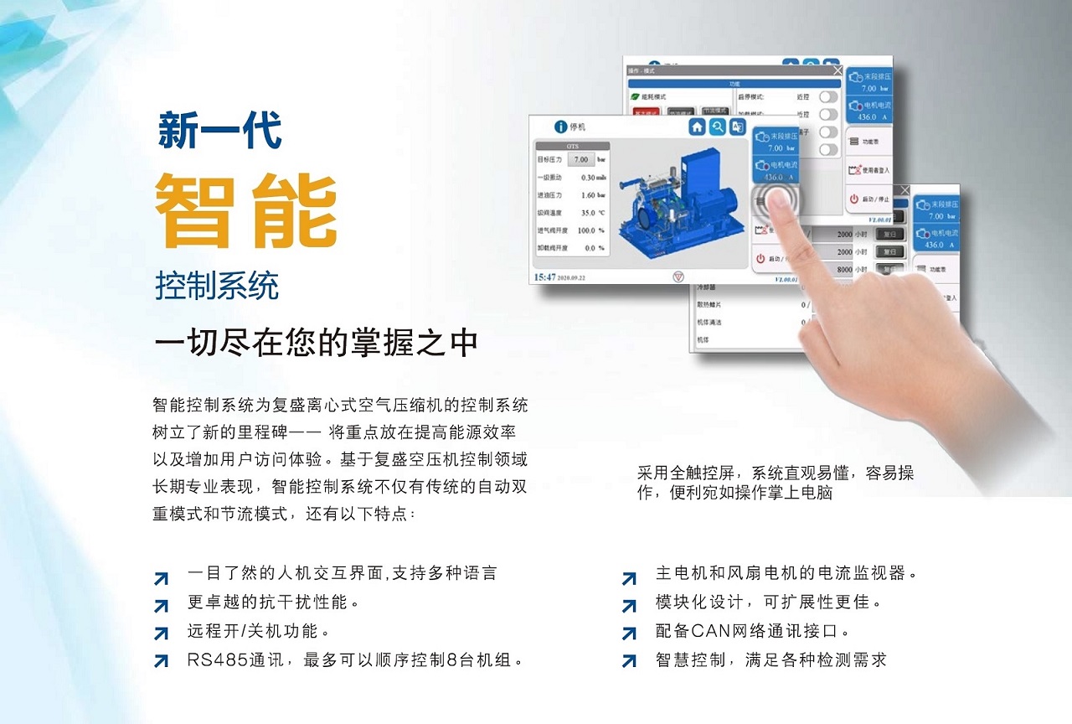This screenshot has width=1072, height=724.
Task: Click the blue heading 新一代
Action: (219, 132)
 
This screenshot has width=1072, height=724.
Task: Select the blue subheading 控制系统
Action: (216, 287)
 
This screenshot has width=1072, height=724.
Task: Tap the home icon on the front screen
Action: (698, 127)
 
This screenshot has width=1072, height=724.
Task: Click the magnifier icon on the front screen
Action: (718, 127)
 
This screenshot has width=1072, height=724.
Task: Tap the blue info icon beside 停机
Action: (561, 127)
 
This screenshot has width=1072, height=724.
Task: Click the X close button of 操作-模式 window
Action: (837, 71)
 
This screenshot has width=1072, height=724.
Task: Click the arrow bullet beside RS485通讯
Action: (161, 661)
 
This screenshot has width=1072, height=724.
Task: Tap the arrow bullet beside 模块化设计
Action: (629, 605)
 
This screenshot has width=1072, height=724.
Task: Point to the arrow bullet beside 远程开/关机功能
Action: (161, 633)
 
